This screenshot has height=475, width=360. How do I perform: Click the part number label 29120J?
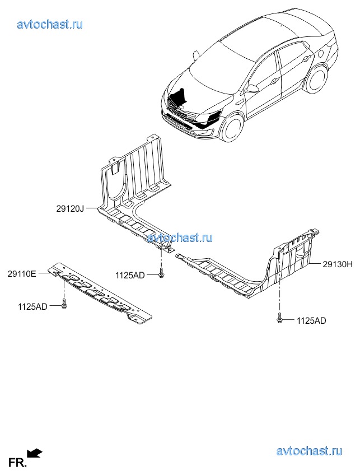[69, 208]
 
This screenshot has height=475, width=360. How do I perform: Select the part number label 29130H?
[338, 264]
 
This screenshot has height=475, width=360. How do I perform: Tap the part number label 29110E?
[22, 274]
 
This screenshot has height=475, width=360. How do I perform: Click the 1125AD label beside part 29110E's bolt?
[32, 306]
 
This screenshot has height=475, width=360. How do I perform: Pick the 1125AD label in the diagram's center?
[130, 276]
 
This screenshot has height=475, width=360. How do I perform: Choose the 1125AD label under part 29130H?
[311, 320]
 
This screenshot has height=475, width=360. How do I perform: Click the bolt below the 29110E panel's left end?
[64, 304]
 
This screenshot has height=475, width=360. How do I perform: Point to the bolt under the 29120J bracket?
[161, 273]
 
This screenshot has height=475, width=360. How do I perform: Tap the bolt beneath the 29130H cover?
[279, 318]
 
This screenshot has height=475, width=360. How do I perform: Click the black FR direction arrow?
[34, 454]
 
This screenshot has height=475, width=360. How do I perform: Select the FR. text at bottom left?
[17, 463]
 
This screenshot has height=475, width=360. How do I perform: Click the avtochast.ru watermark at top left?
[50, 24]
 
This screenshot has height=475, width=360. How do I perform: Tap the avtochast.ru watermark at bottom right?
[309, 451]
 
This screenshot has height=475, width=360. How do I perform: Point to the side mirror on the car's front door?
[252, 88]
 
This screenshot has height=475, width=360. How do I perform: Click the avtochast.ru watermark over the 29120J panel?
[180, 238]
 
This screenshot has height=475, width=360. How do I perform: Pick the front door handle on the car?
[274, 81]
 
